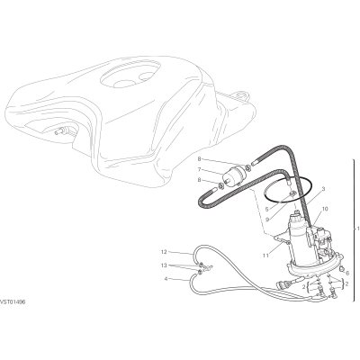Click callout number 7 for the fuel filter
tap(199, 169)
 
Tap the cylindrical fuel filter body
tap(232, 177)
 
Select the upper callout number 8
tap(199, 158)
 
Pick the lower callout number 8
tap(199, 180)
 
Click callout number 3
tap(323, 189)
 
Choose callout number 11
tap(266, 256)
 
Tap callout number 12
tap(164, 252)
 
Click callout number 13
tap(164, 265)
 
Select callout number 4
tap(166, 279)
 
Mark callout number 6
tap(347, 273)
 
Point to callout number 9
tap(266, 219)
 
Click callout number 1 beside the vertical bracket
tap(357, 229)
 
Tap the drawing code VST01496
tap(13, 302)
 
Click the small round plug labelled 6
tap(342, 269)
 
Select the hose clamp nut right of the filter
tap(248, 167)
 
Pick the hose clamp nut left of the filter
tap(220, 186)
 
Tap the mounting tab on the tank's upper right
tap(241, 94)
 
